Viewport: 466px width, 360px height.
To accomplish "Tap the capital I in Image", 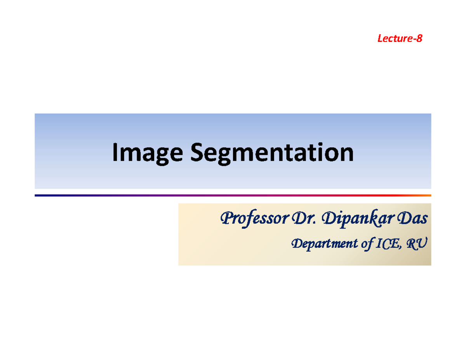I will coord(115,153).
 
